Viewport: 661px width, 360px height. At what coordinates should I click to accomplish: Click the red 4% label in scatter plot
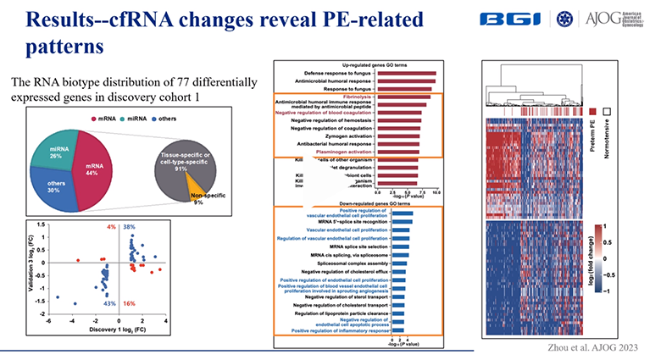[111, 228]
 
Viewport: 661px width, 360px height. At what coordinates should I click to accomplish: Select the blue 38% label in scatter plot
[130, 228]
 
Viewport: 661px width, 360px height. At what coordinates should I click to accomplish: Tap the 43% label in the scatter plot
[109, 302]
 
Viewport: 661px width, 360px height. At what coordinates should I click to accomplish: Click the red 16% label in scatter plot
[130, 302]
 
